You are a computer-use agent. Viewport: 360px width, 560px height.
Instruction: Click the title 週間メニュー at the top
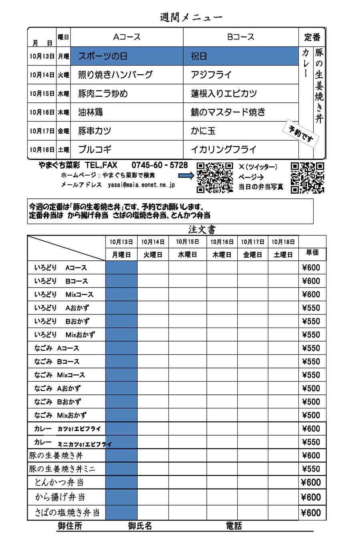click(191, 18)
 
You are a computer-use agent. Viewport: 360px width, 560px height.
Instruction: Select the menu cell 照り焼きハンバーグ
click(115, 75)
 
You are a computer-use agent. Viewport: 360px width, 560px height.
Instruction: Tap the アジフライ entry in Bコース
click(211, 75)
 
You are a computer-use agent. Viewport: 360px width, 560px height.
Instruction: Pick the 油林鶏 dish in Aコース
click(90, 112)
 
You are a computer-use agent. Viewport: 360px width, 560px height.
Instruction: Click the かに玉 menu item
click(203, 131)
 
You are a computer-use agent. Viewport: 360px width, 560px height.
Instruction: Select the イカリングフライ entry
click(223, 150)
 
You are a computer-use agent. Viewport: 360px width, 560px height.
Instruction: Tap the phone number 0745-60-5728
click(159, 165)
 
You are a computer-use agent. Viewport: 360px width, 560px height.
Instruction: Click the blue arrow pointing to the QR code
click(186, 175)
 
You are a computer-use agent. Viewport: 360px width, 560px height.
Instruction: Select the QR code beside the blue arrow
click(215, 177)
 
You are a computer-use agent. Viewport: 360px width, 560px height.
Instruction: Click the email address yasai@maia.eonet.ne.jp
click(141, 185)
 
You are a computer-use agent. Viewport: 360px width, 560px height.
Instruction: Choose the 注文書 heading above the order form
click(202, 230)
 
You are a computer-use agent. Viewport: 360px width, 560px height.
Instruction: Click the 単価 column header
click(312, 252)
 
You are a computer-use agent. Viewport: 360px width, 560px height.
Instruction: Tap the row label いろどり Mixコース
click(64, 294)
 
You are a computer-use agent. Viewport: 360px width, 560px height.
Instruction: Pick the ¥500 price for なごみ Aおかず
click(311, 388)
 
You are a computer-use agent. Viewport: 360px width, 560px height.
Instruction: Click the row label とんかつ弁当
click(59, 482)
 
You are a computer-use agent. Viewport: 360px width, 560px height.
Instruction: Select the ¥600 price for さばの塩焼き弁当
click(311, 513)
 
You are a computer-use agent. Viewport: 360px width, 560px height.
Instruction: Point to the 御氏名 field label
click(140, 526)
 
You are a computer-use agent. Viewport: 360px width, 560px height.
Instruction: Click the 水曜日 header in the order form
click(187, 255)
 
